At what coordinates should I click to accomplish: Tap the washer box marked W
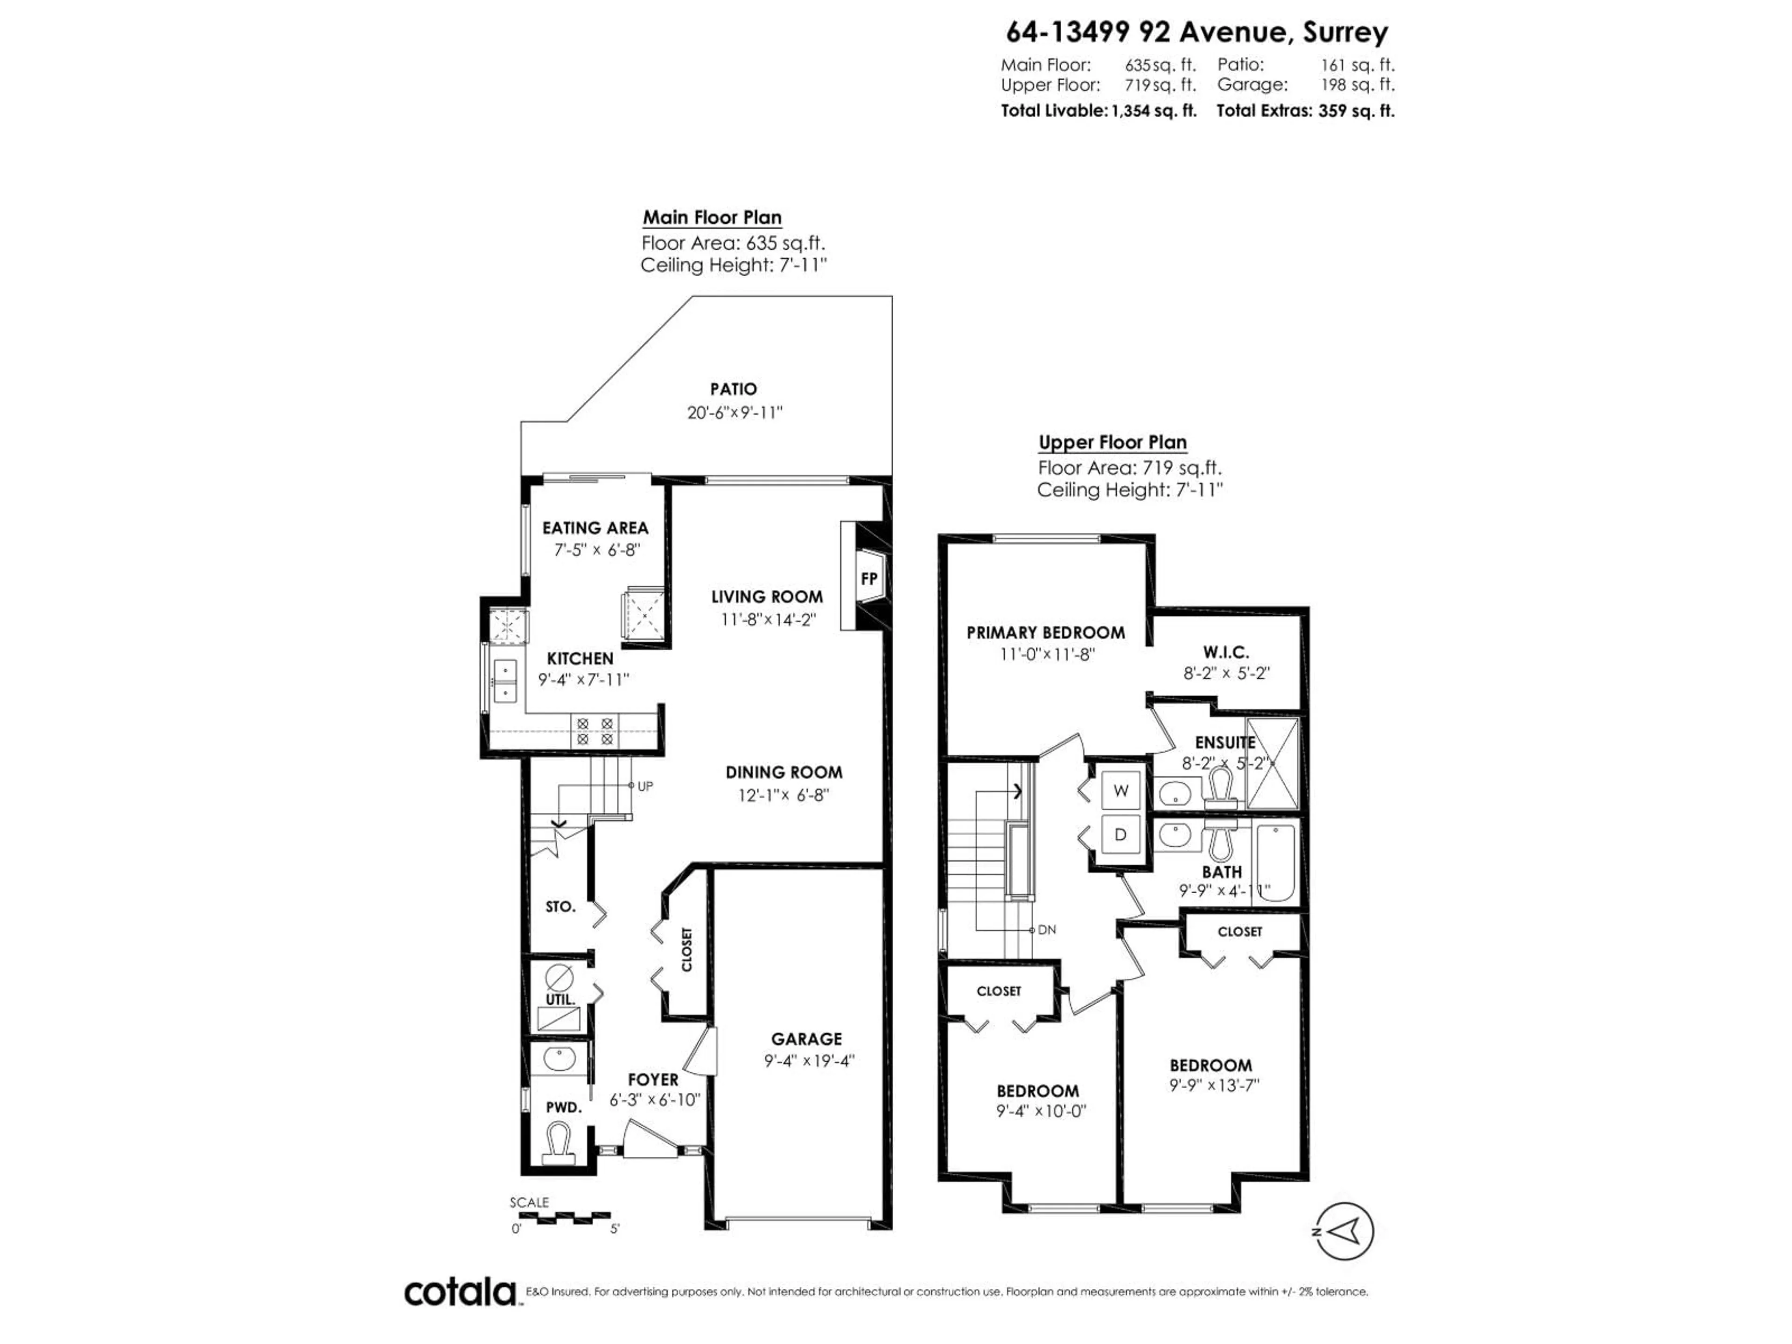pyautogui.click(x=1120, y=791)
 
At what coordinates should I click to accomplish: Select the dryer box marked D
pyautogui.click(x=1120, y=834)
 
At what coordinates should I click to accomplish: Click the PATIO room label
pyautogui.click(x=733, y=389)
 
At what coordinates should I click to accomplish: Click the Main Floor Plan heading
pyautogui.click(x=712, y=217)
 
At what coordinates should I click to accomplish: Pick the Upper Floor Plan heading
pyautogui.click(x=1113, y=442)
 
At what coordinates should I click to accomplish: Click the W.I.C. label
pyautogui.click(x=1226, y=651)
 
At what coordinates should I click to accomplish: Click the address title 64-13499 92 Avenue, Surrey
pyautogui.click(x=1197, y=32)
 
